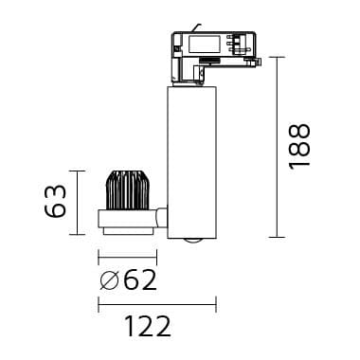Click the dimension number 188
coord(300,147)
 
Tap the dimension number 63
coord(56,201)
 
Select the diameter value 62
coord(140,280)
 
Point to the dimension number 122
coord(148,326)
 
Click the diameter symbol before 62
coord(109,280)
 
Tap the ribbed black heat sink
coord(127,190)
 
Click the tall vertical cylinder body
coord(191,161)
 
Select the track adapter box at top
coord(214,57)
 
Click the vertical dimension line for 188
coord(277,147)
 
